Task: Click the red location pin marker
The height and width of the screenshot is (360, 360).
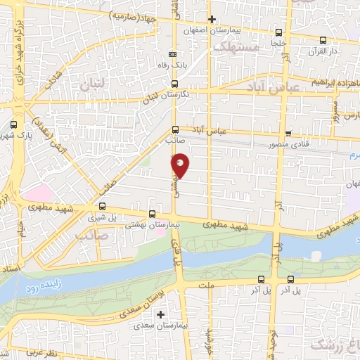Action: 181,165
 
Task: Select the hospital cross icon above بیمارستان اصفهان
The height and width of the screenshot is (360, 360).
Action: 212,20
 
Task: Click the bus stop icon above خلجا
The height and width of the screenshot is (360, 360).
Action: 280,32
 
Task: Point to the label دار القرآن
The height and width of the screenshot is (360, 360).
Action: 324,51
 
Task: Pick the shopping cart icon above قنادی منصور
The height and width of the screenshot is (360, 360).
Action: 288,134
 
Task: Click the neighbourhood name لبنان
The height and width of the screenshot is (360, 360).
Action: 92,84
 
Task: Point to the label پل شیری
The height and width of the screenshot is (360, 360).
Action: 103,218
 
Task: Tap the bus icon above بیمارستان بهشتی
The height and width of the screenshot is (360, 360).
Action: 153,214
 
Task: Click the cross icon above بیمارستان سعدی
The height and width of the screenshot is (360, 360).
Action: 161,314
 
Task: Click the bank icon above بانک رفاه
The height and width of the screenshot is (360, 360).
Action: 174,56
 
